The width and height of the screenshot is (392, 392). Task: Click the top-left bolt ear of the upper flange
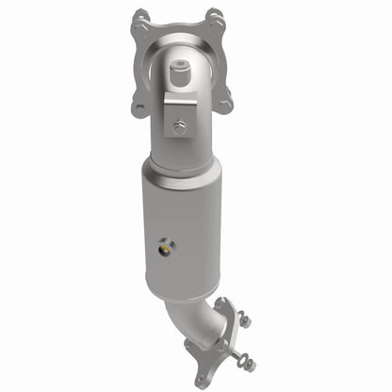[x=140, y=19]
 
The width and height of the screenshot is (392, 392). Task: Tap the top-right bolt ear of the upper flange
[x=215, y=18]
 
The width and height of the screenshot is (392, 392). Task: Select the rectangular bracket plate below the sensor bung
[x=178, y=113]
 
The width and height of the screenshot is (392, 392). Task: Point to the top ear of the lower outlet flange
[x=226, y=306]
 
